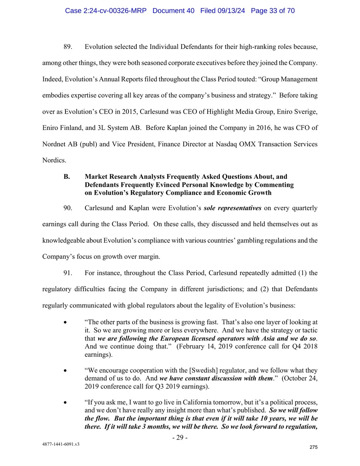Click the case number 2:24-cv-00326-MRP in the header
coord(105,11)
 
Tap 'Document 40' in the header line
coord(173,11)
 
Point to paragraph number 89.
coord(68,47)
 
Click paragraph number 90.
coord(68,208)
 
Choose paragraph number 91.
coord(68,273)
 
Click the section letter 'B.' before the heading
coord(67,177)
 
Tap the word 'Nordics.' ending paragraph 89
coord(54,160)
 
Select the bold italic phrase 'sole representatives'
coord(232,208)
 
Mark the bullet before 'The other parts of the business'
coord(66,322)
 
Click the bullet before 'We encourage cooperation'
coord(66,370)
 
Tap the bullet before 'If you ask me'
coord(66,402)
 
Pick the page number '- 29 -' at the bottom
coord(180,437)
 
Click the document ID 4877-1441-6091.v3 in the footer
coord(61,444)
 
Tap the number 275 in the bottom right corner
coord(313,447)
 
